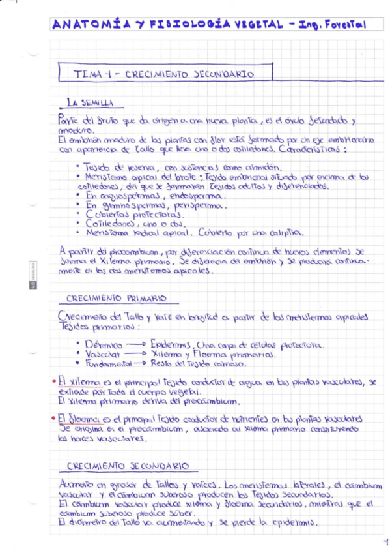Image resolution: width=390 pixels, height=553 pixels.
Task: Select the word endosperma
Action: click(194, 196)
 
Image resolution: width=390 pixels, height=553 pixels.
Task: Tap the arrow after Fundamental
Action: click(144, 363)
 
